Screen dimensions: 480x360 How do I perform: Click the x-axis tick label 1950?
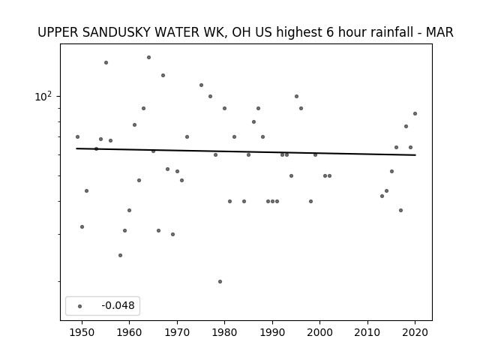82,332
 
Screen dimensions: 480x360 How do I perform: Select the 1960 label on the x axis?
129,332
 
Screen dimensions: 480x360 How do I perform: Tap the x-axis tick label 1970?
177,332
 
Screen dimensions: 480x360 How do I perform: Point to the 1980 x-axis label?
224,332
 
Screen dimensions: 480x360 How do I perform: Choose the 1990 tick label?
272,332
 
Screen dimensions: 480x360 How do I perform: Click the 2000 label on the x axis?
319,332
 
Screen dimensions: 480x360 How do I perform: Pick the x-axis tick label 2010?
367,332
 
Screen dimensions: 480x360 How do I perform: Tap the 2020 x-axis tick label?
415,332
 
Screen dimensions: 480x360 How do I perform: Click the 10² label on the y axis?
43,97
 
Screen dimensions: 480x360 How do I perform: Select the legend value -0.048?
118,305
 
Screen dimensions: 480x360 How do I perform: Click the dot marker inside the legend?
80,306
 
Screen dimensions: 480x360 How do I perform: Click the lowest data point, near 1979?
220,282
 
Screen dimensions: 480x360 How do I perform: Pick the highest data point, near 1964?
148,57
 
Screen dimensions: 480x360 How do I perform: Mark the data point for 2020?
415,113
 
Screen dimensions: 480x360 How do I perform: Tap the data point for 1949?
77,136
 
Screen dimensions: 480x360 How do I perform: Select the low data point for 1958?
120,255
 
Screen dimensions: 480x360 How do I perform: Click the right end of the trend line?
415,155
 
